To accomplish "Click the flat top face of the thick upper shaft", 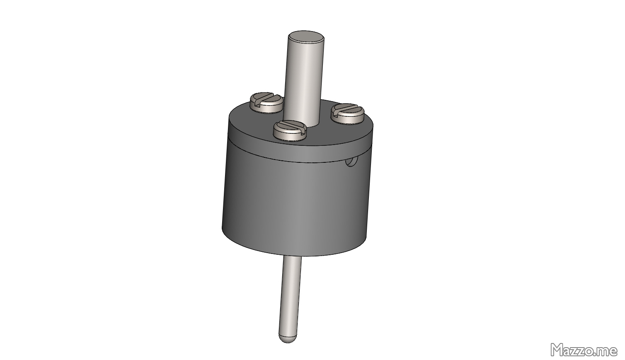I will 306,37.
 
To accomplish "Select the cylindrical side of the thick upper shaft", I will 305,79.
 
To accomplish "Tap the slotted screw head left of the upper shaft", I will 266,102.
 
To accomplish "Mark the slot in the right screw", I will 347,110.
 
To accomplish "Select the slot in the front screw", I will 290,126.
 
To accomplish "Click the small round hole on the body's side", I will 351,162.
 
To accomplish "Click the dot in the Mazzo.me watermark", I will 596,355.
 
